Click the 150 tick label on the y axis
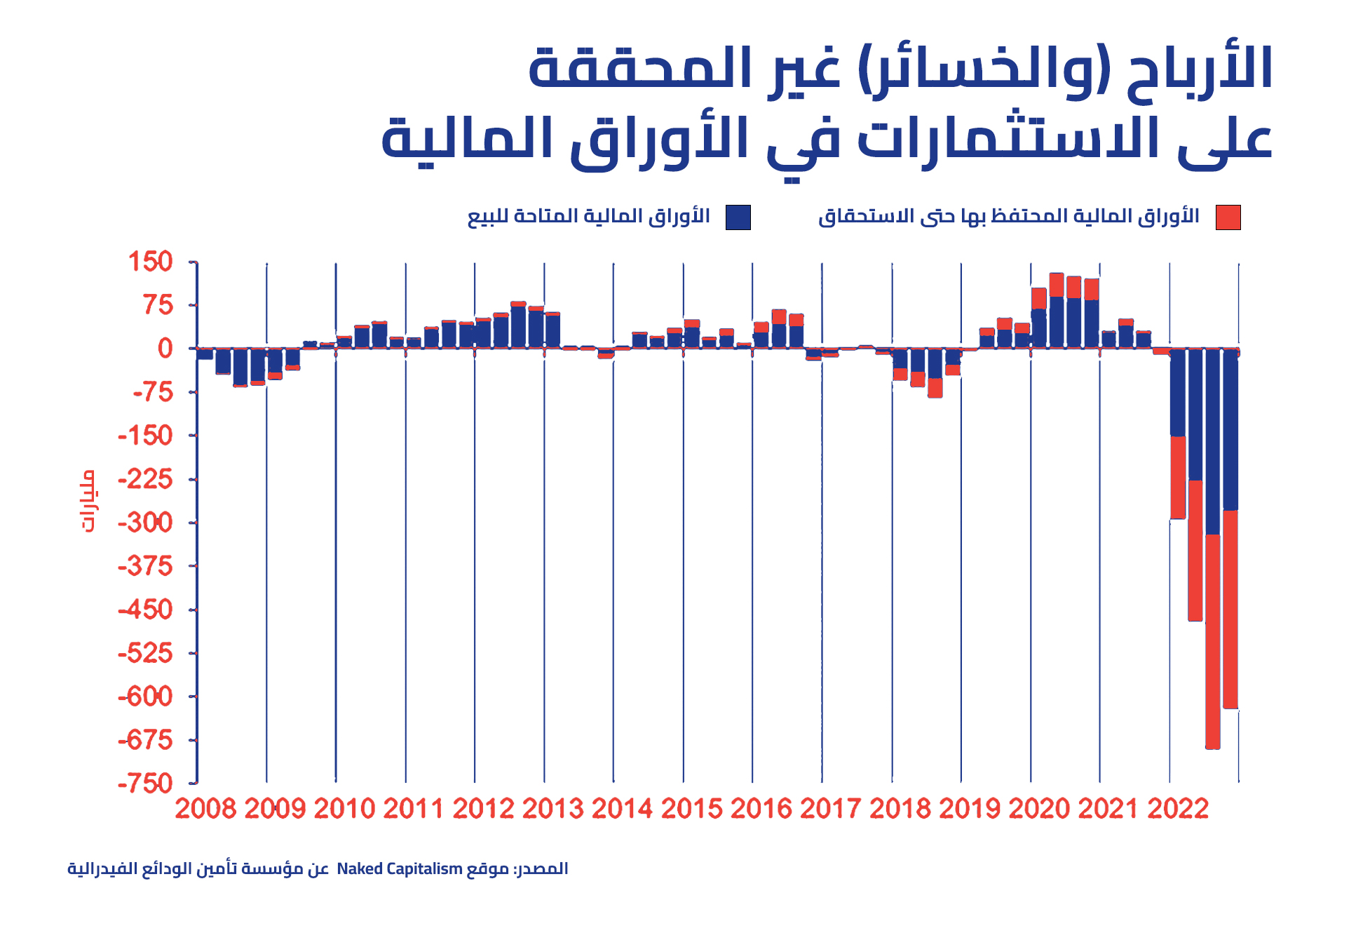pos(150,262)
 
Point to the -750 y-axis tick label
pos(145,783)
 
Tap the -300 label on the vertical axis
pos(145,523)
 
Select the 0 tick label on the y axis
pos(165,349)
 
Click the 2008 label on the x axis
pos(205,809)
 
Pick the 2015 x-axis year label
pos(691,809)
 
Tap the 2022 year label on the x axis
pos(1178,809)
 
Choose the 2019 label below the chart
pos(970,809)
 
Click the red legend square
pos(1228,217)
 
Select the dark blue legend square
pos(738,217)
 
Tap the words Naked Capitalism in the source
pos(400,868)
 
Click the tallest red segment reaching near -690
pos(1213,641)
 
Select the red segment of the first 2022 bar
pos(1178,478)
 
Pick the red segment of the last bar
pos(1230,609)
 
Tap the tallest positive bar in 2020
pos(1057,310)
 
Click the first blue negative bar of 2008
pos(205,354)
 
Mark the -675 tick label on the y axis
pos(145,739)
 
